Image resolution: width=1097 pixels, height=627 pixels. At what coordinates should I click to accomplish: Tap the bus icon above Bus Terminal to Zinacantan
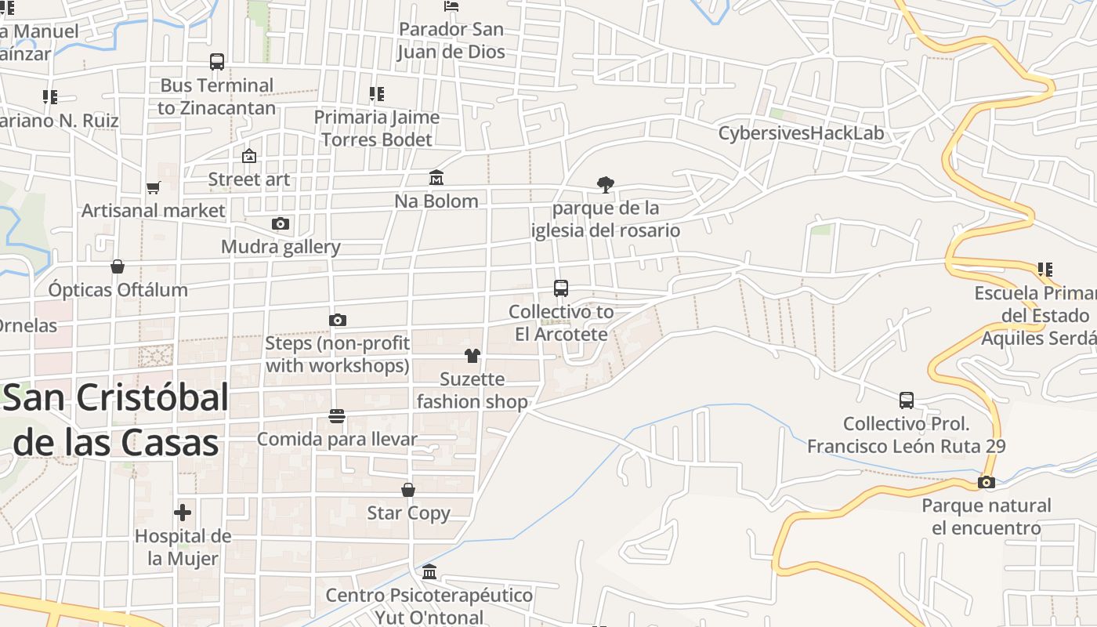(217, 62)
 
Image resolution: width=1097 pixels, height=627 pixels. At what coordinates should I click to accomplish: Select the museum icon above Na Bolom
(436, 178)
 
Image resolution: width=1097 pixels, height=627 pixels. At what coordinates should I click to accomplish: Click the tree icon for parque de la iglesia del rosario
(605, 185)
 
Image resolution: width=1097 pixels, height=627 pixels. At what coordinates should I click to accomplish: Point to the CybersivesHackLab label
(801, 133)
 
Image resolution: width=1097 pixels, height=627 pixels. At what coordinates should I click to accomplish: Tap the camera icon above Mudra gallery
(281, 224)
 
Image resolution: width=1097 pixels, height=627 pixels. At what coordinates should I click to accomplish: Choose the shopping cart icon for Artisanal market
(154, 187)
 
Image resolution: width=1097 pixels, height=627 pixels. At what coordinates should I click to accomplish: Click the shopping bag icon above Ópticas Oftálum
(118, 266)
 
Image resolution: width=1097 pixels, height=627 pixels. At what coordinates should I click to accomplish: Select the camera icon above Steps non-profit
(338, 320)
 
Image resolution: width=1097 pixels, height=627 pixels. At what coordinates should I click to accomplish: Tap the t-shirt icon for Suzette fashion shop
(472, 356)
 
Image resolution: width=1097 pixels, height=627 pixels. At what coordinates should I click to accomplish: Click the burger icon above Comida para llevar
(337, 415)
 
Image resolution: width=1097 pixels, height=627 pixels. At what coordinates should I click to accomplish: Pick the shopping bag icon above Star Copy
(408, 490)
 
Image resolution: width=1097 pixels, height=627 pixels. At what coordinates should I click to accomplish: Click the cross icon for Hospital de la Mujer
(183, 513)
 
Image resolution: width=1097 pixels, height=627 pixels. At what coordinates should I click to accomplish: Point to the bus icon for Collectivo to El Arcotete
(561, 288)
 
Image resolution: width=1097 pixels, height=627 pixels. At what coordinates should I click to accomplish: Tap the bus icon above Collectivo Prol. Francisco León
(907, 400)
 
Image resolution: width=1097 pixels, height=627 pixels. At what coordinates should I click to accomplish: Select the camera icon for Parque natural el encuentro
(987, 482)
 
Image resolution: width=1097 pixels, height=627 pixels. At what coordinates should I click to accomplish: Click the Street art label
(249, 179)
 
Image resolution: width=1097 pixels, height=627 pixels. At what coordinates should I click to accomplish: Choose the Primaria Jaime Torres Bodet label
(377, 129)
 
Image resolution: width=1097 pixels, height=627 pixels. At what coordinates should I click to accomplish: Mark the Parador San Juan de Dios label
(451, 41)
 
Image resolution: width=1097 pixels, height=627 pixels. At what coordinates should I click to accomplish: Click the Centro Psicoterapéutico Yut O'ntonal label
(429, 606)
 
